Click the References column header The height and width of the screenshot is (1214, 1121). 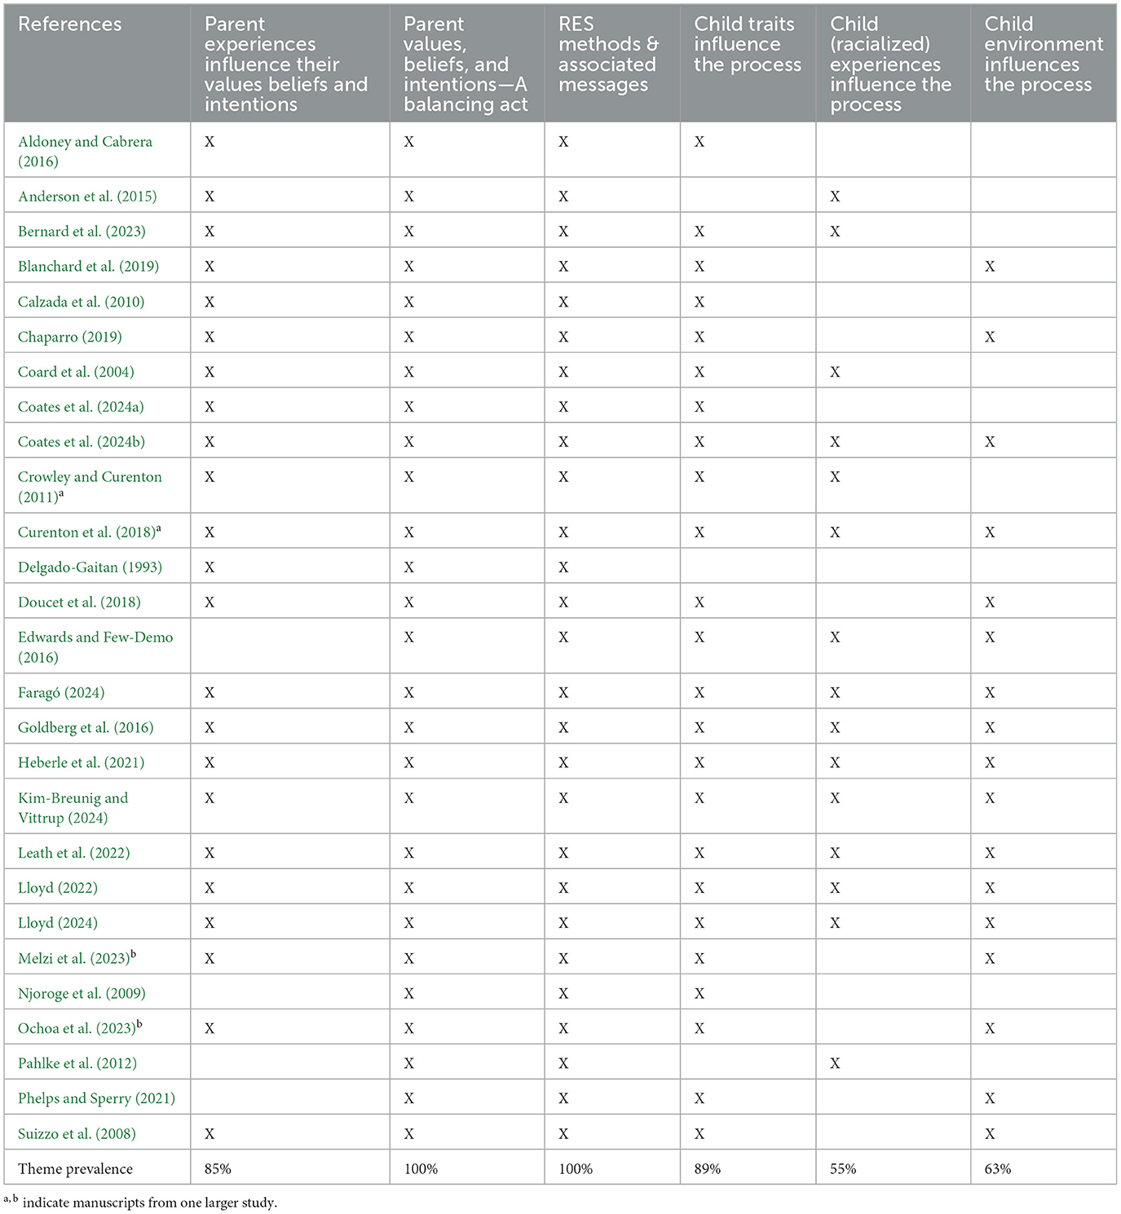(x=70, y=24)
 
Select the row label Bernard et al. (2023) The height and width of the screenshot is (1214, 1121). (x=82, y=232)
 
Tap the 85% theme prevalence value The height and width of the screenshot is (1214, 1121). (x=218, y=1168)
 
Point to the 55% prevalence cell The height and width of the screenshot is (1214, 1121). (x=843, y=1168)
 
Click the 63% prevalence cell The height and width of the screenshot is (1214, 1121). (x=998, y=1168)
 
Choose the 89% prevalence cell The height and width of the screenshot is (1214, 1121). (x=707, y=1168)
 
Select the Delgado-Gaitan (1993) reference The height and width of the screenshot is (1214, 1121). (x=90, y=567)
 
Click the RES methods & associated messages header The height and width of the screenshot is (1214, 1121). (x=607, y=55)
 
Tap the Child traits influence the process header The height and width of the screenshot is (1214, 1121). (x=747, y=45)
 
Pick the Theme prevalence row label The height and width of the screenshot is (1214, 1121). (x=75, y=1168)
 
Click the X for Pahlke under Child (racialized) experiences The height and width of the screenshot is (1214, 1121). (x=835, y=1063)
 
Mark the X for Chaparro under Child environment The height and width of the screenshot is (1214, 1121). (x=990, y=337)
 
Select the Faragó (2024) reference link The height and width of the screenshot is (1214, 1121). (x=61, y=693)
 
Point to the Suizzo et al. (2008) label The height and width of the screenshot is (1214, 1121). (x=77, y=1133)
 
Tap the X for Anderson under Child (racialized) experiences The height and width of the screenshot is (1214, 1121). (x=835, y=196)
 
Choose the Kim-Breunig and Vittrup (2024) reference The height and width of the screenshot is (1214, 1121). (x=73, y=807)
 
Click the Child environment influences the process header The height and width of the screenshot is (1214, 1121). (x=1043, y=55)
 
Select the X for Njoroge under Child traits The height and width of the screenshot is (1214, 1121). (x=700, y=993)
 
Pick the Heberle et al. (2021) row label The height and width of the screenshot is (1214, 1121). (x=81, y=763)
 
